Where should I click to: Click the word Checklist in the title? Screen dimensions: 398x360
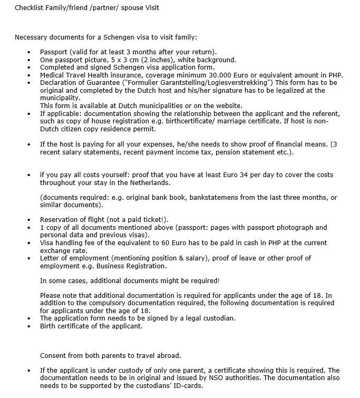30,8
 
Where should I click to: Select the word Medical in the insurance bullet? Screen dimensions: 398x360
53,75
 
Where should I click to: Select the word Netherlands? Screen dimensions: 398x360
151,182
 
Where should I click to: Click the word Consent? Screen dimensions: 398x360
54,355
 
